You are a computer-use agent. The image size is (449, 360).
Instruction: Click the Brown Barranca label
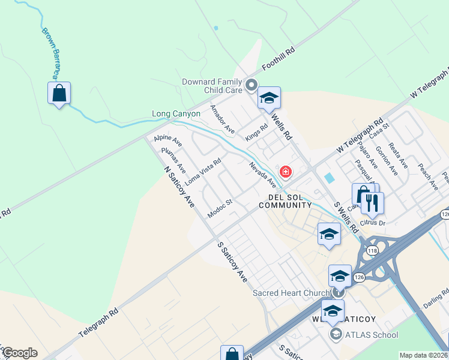52,53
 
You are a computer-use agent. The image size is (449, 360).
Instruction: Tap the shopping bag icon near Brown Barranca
59,93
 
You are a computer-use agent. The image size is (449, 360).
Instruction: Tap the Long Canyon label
175,113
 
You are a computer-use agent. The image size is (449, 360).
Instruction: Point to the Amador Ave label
222,119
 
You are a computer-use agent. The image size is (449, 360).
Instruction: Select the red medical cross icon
286,172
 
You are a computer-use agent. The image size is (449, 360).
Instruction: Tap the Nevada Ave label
262,173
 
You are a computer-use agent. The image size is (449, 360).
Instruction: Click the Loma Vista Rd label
203,171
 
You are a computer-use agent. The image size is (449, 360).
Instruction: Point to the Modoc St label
220,208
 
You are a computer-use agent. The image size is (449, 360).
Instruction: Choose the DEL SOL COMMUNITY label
285,201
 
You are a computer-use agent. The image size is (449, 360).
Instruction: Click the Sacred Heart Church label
291,293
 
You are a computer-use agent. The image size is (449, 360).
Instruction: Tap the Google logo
20,353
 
